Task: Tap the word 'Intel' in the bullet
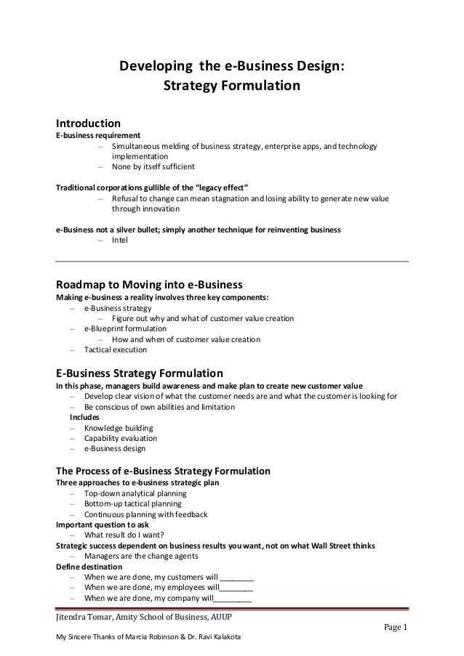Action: (119, 240)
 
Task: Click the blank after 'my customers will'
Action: (236, 578)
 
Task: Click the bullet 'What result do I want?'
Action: (125, 535)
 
